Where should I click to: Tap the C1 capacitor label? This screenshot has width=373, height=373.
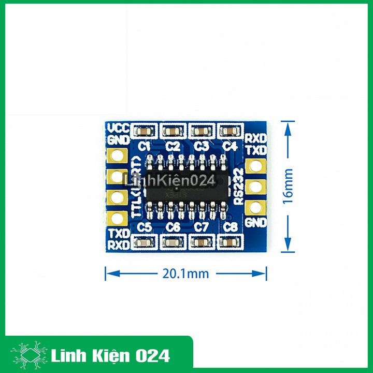144,146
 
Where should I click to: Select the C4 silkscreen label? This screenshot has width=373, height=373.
229,146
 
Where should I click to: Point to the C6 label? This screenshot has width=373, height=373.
174,227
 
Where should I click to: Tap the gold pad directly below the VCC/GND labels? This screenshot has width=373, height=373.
117,156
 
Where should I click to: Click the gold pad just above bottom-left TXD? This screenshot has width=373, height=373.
117,218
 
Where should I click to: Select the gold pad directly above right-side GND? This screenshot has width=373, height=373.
255,207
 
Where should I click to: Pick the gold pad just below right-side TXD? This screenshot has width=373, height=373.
255,166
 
